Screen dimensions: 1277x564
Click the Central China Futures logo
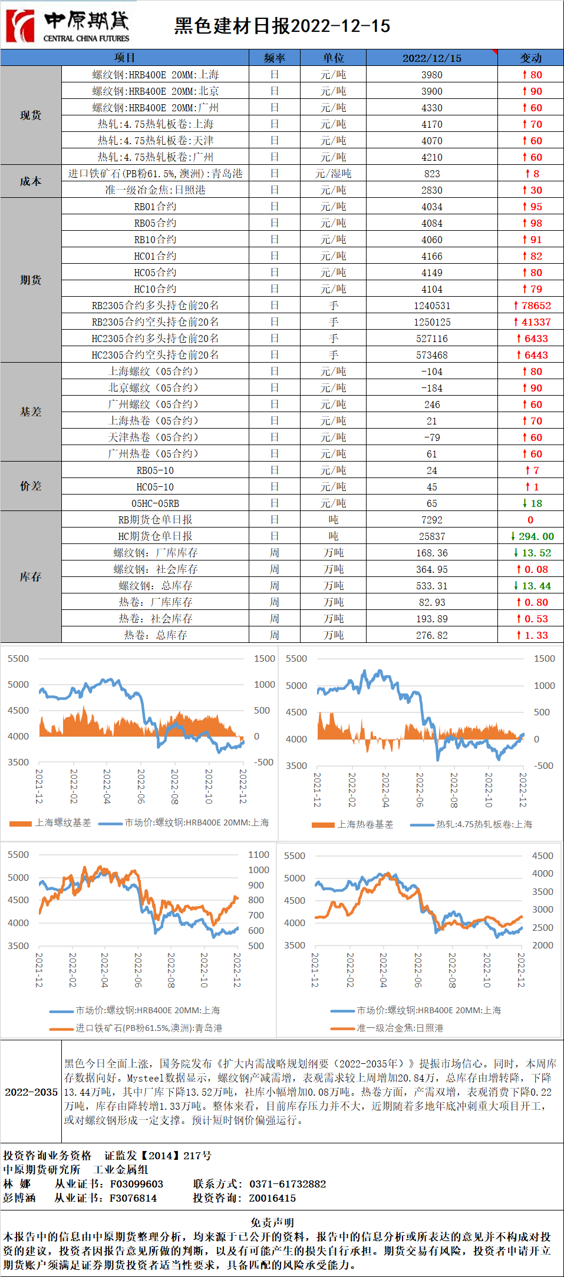tap(68, 26)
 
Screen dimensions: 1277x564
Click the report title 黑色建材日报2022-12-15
tap(282, 26)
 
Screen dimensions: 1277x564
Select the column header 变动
tap(530, 58)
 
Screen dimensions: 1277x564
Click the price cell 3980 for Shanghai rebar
tap(431, 75)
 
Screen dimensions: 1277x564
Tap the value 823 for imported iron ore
tap(431, 174)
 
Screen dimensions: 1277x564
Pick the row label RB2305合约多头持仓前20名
tap(155, 306)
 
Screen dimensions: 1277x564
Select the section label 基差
tap(31, 412)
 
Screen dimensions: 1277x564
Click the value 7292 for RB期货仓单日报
tap(431, 520)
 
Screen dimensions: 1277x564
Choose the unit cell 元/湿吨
tap(333, 174)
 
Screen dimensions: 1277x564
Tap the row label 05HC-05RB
tap(155, 503)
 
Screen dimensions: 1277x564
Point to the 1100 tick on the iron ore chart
tap(258, 854)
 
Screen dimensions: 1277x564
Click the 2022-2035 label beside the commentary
tap(31, 1092)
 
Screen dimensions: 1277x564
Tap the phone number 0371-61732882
tap(288, 1184)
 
